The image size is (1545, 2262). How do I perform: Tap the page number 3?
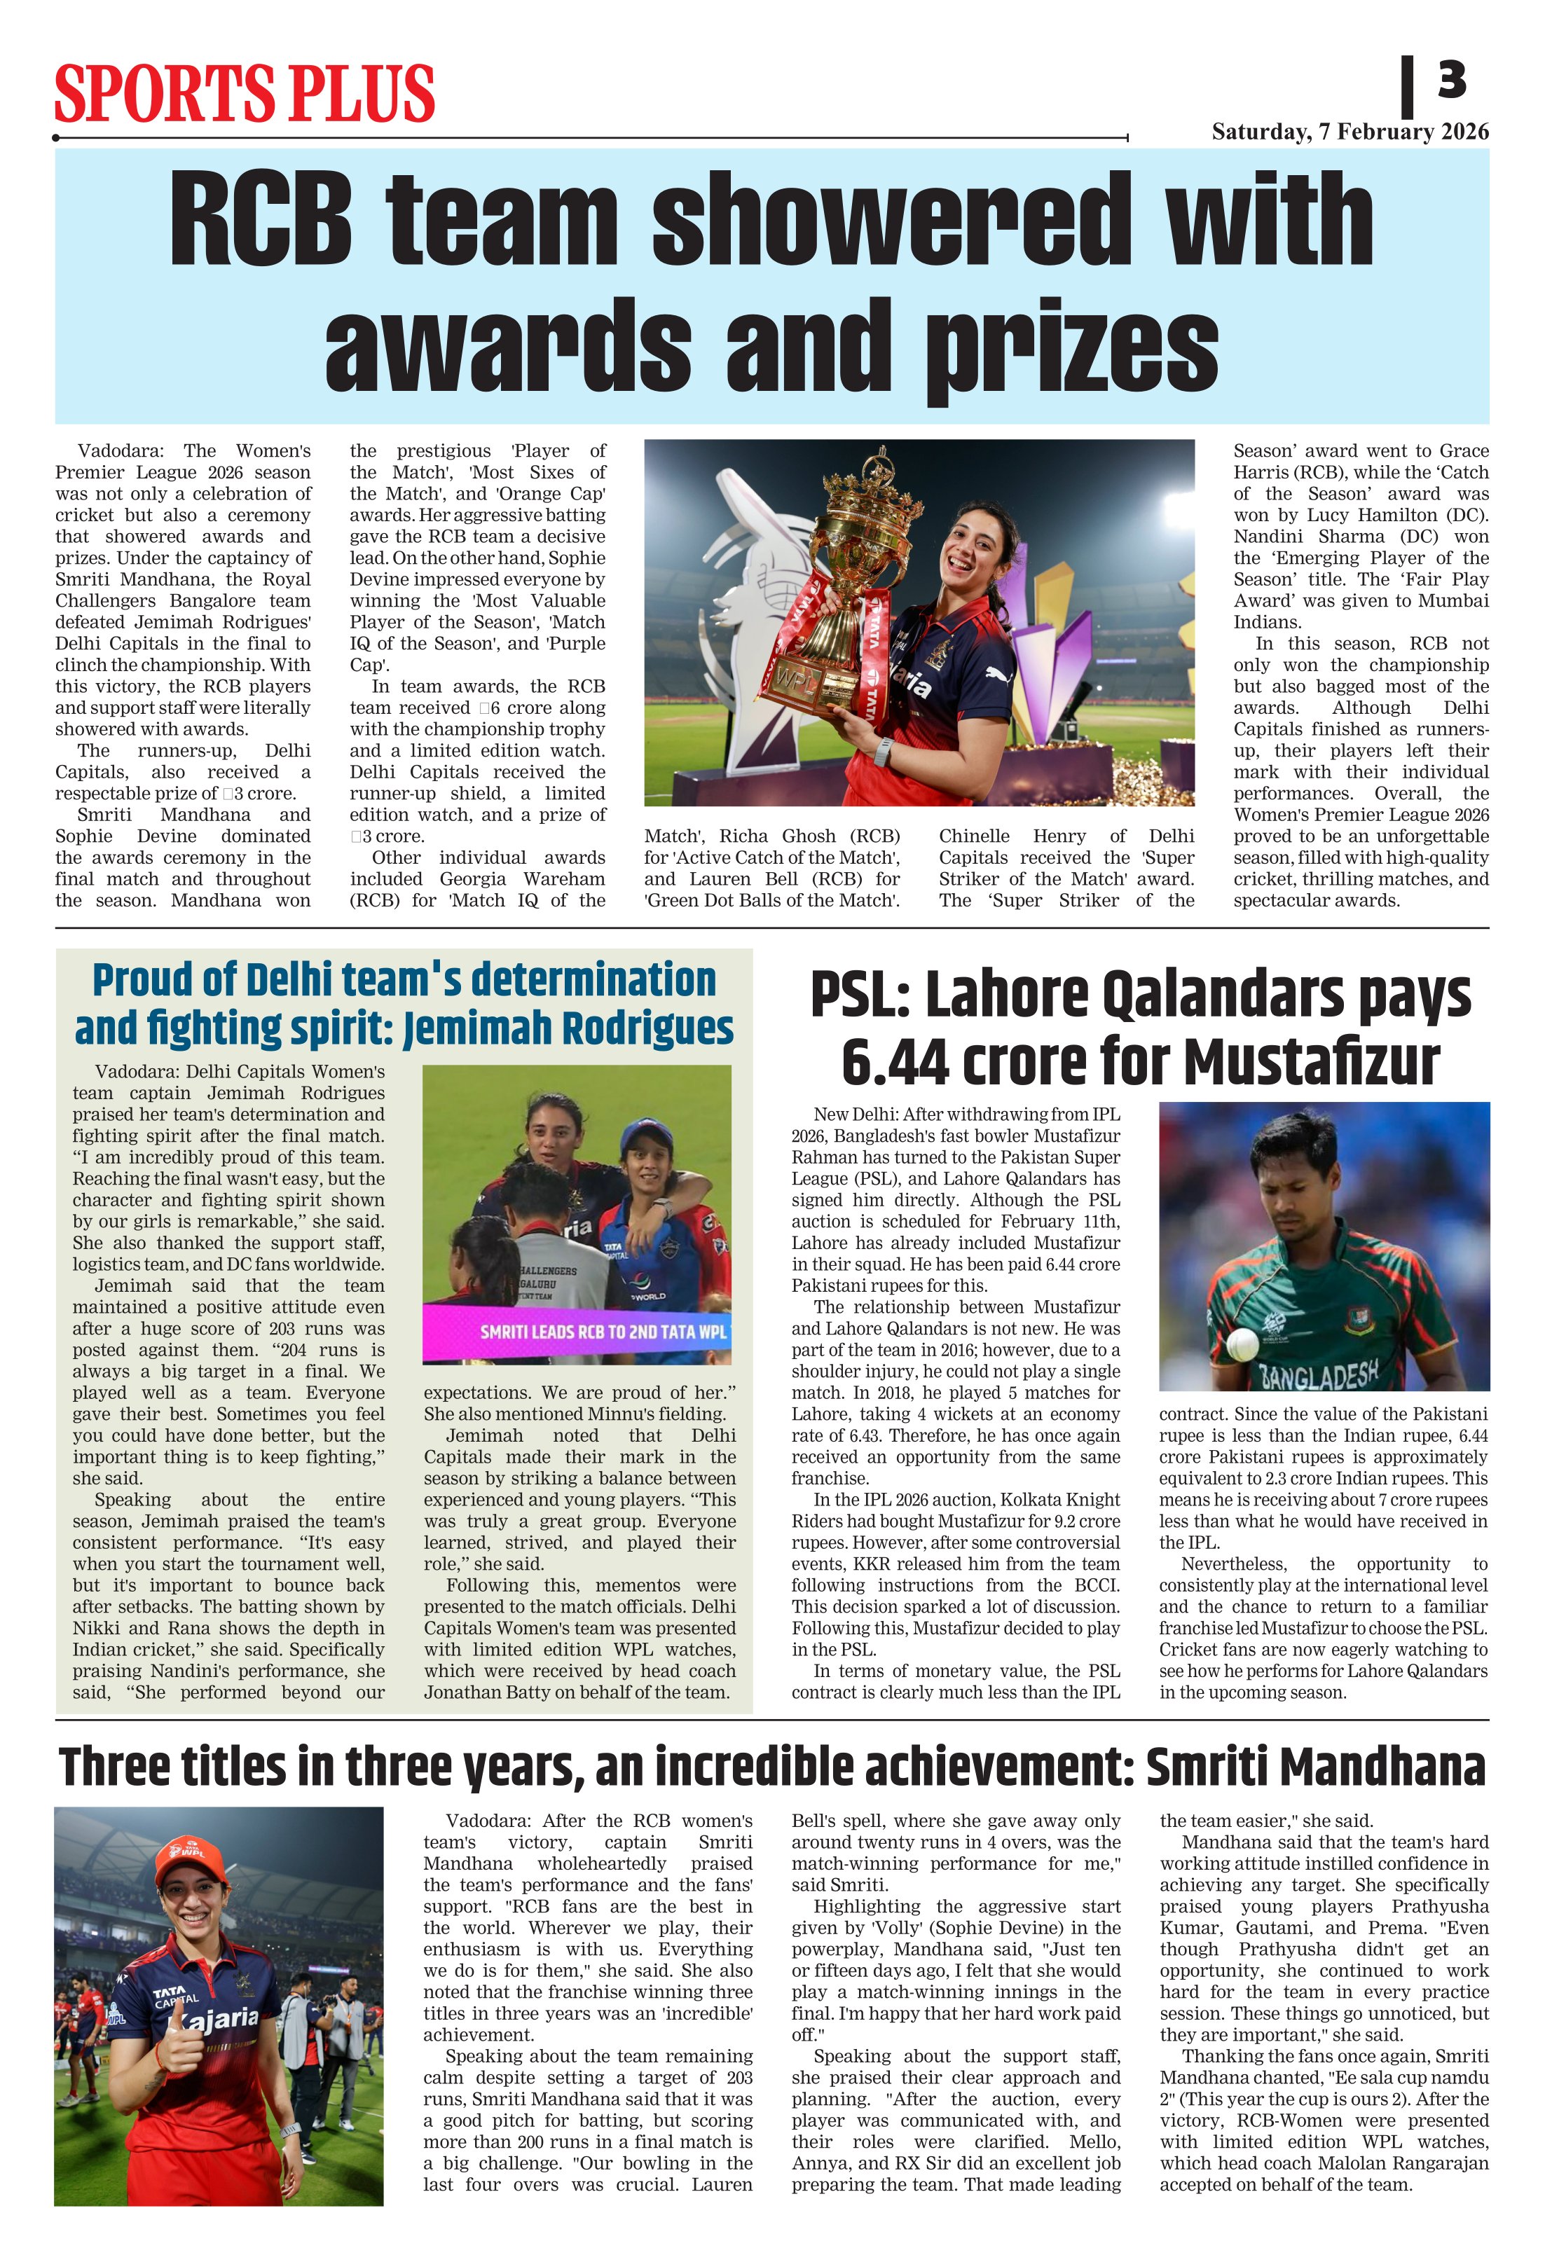1450,80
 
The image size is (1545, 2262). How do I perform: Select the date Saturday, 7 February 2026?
1350,132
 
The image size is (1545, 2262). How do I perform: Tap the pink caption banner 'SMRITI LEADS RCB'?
577,1332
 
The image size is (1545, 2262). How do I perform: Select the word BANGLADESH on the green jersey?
1319,1373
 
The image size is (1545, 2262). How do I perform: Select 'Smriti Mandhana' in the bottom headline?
1315,1767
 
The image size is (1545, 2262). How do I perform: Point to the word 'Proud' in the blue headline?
142,980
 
